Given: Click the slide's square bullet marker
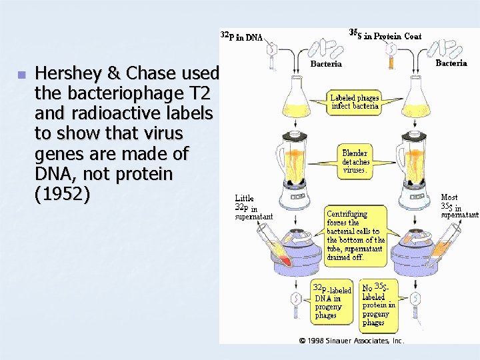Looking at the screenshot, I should pos(21,74).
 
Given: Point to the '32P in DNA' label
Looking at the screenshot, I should pos(241,37).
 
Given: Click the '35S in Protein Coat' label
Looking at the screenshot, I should pos(385,34).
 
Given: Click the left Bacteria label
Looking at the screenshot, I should pos(326,64).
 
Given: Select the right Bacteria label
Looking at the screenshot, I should pos(451,63).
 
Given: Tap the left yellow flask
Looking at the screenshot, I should pos(296,97).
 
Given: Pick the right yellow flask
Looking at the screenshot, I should pos(415,97).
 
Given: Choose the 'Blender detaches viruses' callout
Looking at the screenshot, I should pos(355,161).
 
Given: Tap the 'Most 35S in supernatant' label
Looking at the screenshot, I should pos(459,206).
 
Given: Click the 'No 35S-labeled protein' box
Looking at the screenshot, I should pos(378,304).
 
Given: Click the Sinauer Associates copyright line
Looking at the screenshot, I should pos(351,340).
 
